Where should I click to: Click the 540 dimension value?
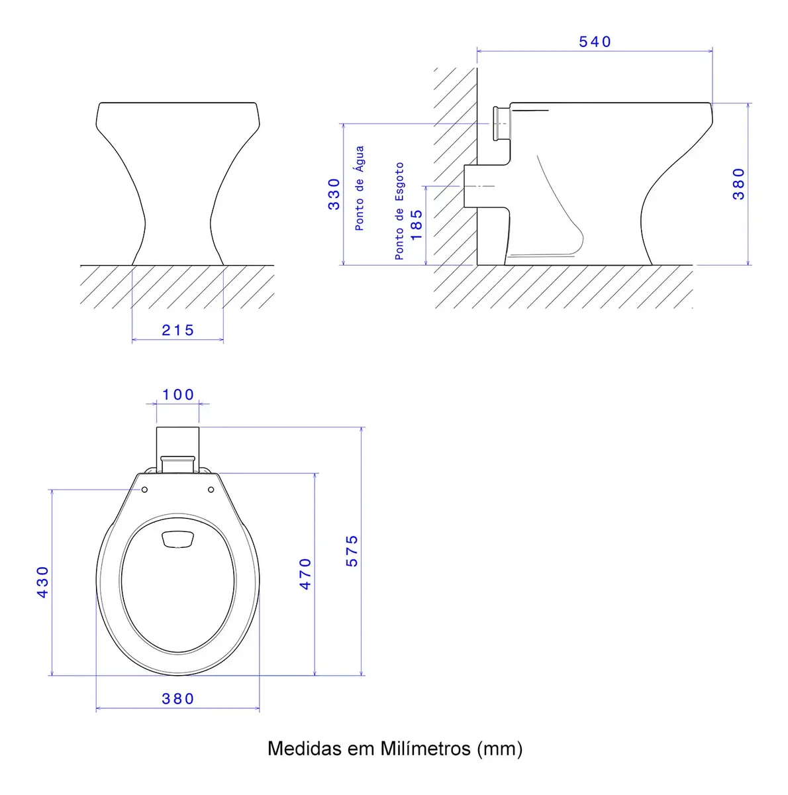coord(594,42)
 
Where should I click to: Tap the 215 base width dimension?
coord(177,330)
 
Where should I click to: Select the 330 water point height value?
coord(334,194)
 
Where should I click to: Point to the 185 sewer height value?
coord(417,225)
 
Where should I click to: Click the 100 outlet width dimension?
coord(178,394)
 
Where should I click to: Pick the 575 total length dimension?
coord(352,551)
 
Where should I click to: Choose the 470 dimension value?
coord(305,574)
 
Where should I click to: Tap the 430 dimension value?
coord(42,582)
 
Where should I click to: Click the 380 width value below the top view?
coord(177,698)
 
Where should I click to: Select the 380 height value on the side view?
coord(738,184)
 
